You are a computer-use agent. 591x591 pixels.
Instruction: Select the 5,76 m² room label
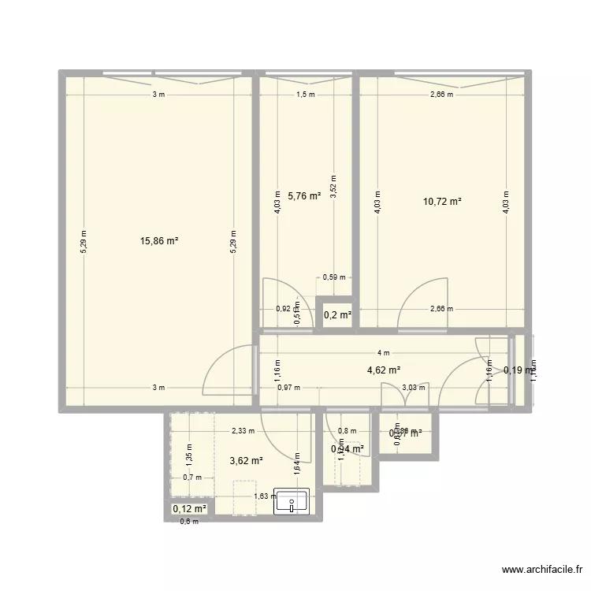click(x=304, y=195)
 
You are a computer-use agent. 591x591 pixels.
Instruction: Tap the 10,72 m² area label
click(x=442, y=201)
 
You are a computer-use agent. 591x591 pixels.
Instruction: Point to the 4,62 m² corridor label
click(x=384, y=369)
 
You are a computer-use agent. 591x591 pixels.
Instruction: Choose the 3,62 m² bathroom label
click(x=246, y=461)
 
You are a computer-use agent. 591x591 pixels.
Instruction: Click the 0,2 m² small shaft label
click(x=337, y=315)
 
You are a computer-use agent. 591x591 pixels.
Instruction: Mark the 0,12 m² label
click(x=189, y=509)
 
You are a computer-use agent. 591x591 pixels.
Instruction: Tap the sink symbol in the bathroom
click(x=292, y=501)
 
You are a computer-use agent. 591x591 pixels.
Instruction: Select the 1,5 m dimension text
click(x=305, y=95)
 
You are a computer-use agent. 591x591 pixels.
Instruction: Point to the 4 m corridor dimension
click(x=383, y=353)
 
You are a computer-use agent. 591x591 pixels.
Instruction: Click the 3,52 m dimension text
click(x=333, y=188)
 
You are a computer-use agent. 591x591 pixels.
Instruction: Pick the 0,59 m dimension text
click(x=334, y=277)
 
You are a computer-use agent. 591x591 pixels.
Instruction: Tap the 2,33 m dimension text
click(x=242, y=431)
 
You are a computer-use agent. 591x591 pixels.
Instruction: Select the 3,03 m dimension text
click(x=414, y=387)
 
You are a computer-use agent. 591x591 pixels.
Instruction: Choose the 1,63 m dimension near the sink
click(x=265, y=496)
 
